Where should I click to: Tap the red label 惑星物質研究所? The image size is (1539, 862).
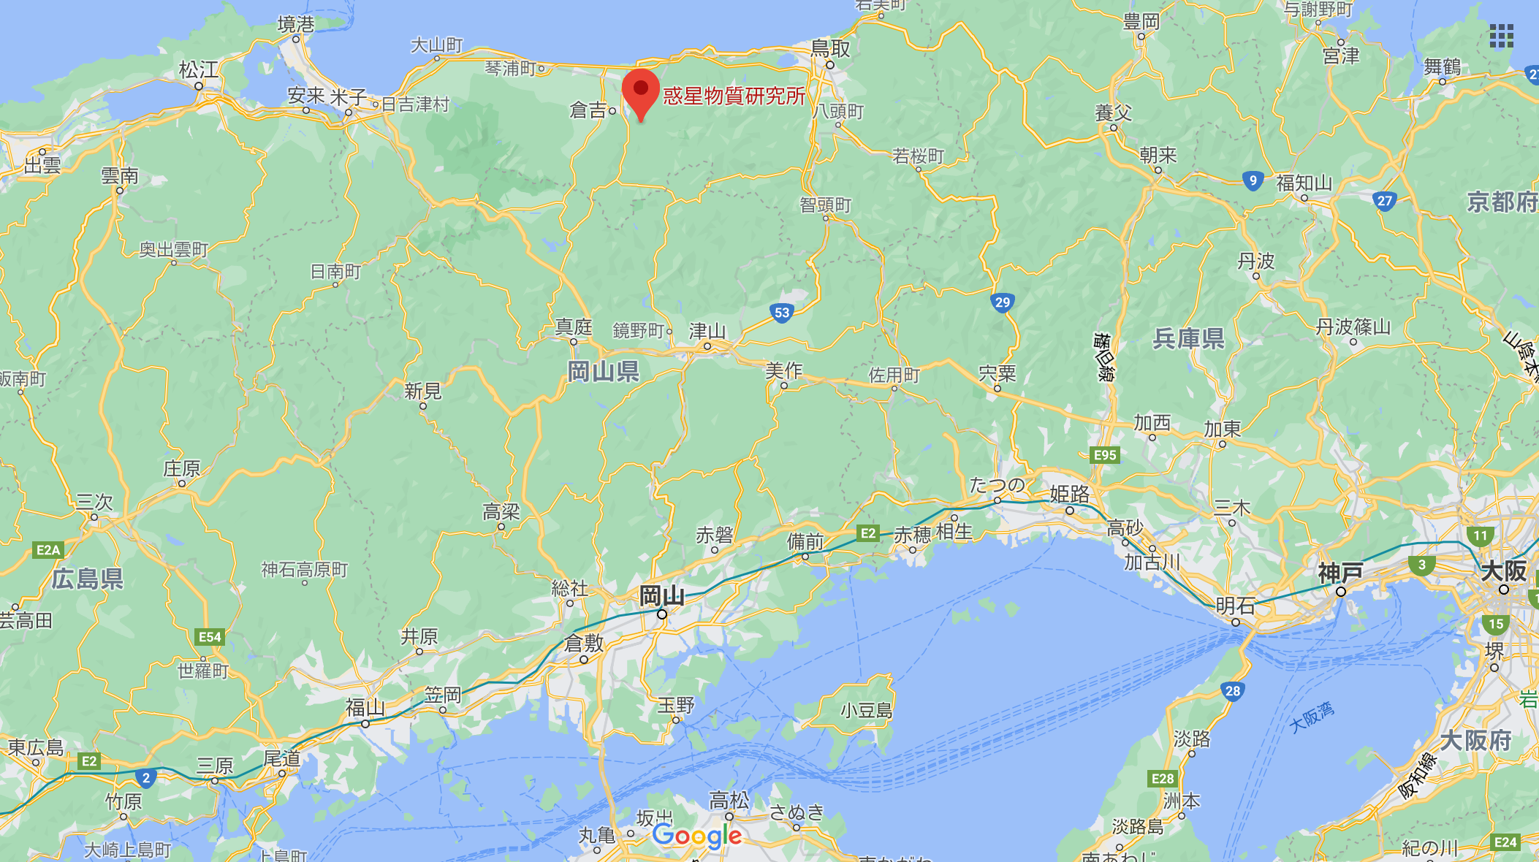(x=734, y=96)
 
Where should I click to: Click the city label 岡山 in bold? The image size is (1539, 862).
(x=662, y=596)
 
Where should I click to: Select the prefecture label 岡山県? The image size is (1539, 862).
(x=604, y=372)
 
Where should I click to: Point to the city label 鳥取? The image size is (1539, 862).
(x=831, y=49)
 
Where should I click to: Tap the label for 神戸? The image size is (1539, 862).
(x=1340, y=573)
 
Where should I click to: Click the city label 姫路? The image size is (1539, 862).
(x=1070, y=495)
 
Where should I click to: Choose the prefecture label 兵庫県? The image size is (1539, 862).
(x=1189, y=338)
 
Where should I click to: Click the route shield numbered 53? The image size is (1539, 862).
(x=782, y=313)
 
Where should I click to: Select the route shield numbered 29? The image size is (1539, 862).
(x=1002, y=302)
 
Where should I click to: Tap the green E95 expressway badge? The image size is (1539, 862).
(x=1104, y=455)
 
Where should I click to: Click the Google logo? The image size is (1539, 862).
(x=697, y=836)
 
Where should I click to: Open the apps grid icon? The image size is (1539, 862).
(x=1501, y=36)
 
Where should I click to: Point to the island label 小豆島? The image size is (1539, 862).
(x=867, y=710)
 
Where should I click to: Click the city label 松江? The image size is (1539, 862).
(x=199, y=70)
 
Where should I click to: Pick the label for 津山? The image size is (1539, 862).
(x=707, y=332)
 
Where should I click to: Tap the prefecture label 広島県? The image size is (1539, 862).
(x=88, y=579)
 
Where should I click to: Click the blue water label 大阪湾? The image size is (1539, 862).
(x=1312, y=717)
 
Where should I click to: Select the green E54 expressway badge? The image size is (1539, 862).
(x=210, y=637)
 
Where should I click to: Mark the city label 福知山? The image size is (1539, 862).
(x=1304, y=183)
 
